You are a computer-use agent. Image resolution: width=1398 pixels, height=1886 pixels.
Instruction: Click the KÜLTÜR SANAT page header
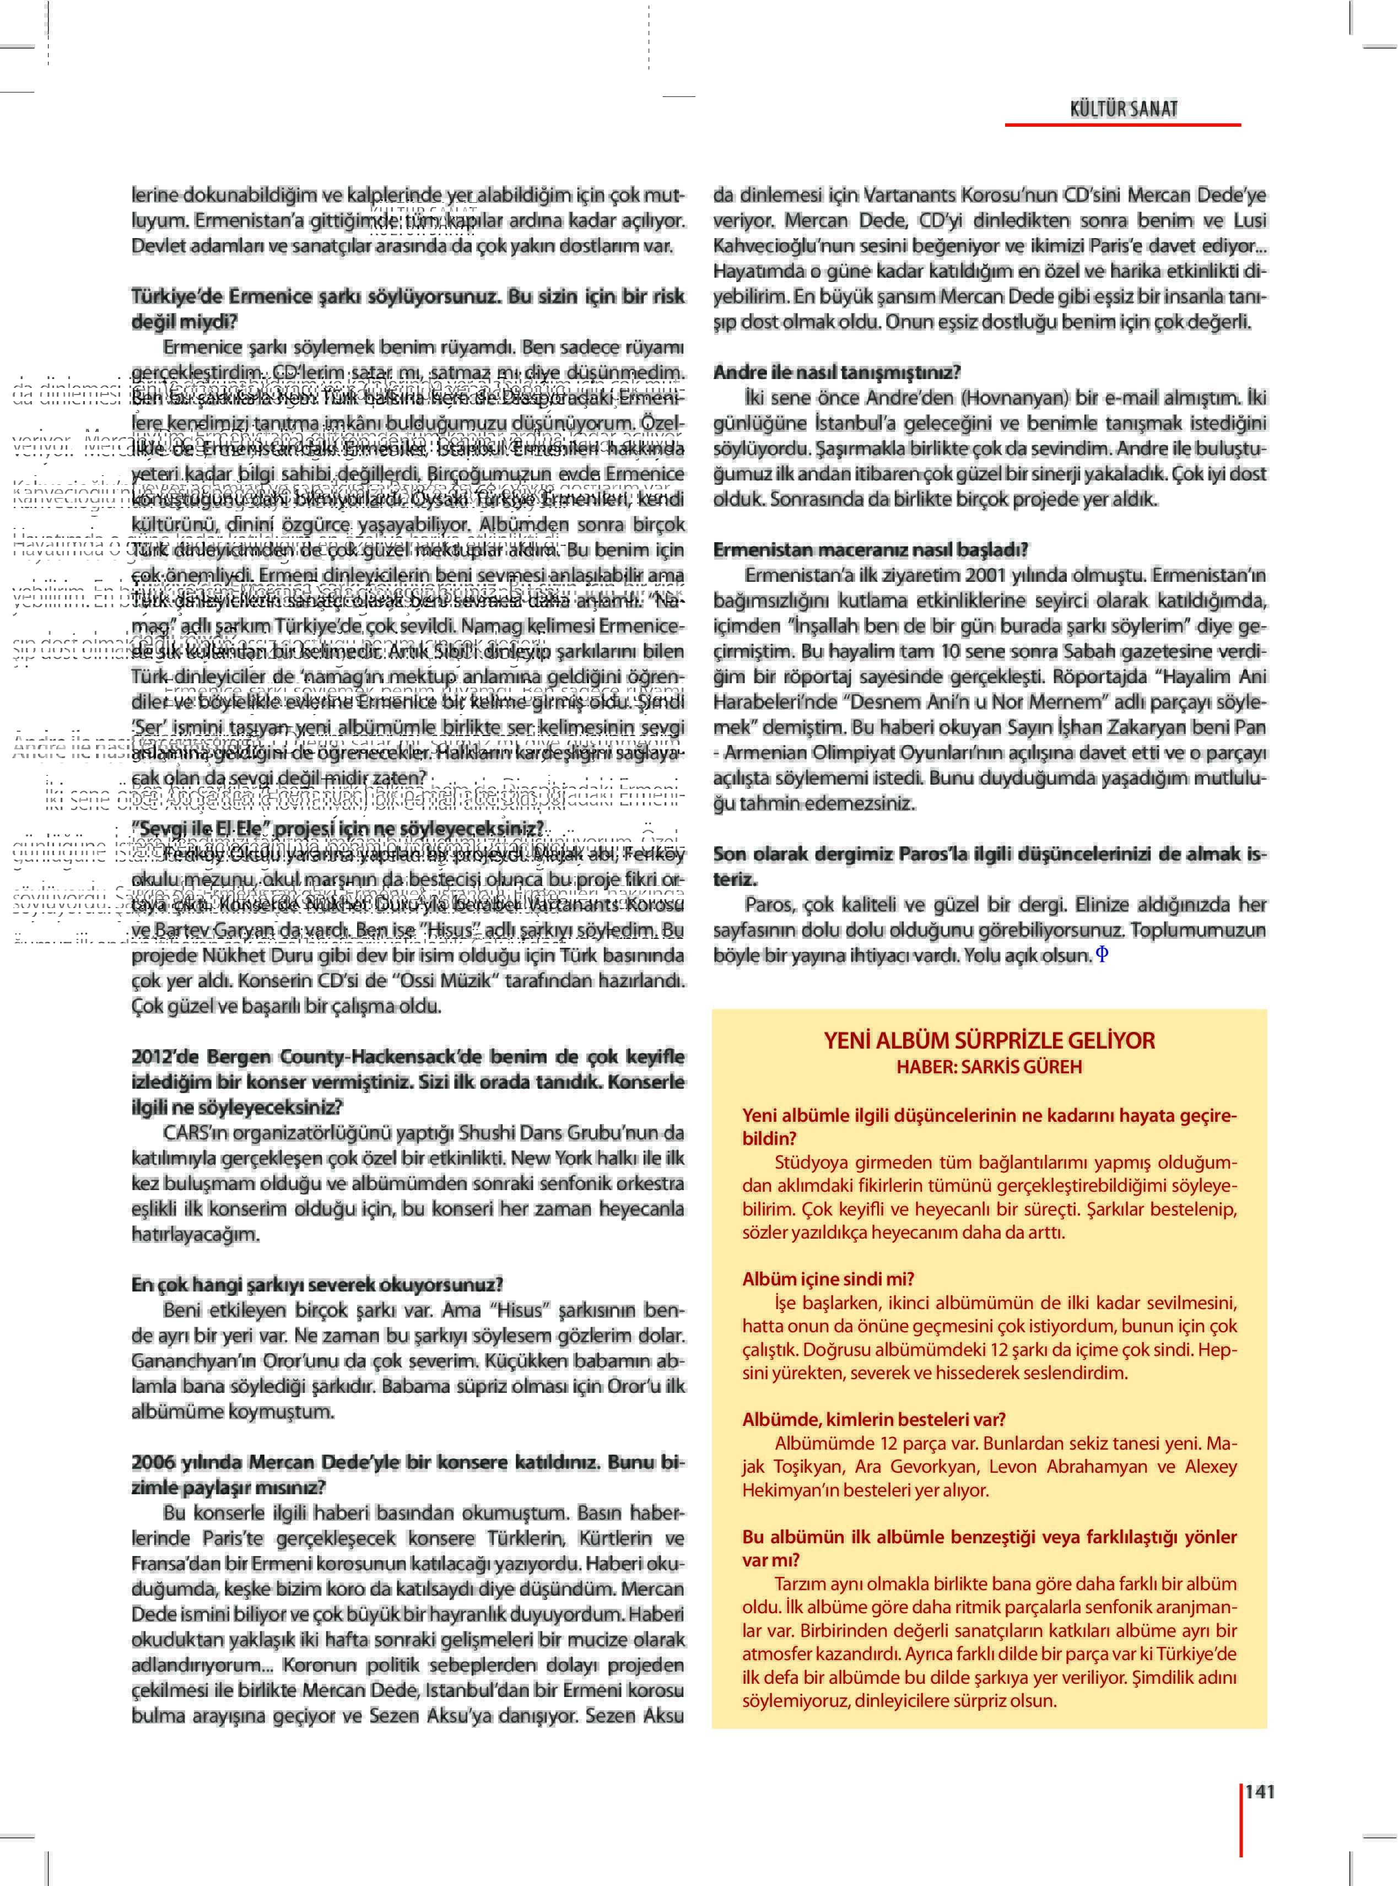click(1123, 109)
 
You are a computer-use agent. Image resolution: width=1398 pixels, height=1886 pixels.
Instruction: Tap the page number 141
click(1259, 1791)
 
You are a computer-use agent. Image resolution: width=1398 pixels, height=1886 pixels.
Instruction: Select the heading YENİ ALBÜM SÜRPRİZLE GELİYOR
click(989, 1040)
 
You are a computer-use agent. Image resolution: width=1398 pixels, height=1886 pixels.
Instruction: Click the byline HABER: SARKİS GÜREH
click(989, 1066)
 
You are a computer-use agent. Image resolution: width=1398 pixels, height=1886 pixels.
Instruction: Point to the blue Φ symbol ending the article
click(1102, 954)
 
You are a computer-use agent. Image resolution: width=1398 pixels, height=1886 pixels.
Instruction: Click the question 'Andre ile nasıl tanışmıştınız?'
click(836, 372)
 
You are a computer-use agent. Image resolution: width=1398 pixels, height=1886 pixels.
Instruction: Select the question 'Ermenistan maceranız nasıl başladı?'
click(870, 550)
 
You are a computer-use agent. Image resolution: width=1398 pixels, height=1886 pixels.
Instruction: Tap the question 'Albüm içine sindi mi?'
click(828, 1278)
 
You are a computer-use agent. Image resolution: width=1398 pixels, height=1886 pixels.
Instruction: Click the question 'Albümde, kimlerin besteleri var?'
click(873, 1419)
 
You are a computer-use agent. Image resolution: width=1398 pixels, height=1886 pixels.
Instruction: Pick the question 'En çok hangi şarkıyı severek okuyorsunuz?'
click(316, 1284)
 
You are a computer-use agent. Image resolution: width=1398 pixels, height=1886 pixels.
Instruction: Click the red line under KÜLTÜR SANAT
click(1122, 125)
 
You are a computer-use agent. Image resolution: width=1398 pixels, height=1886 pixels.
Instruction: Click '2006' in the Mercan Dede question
click(152, 1462)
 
